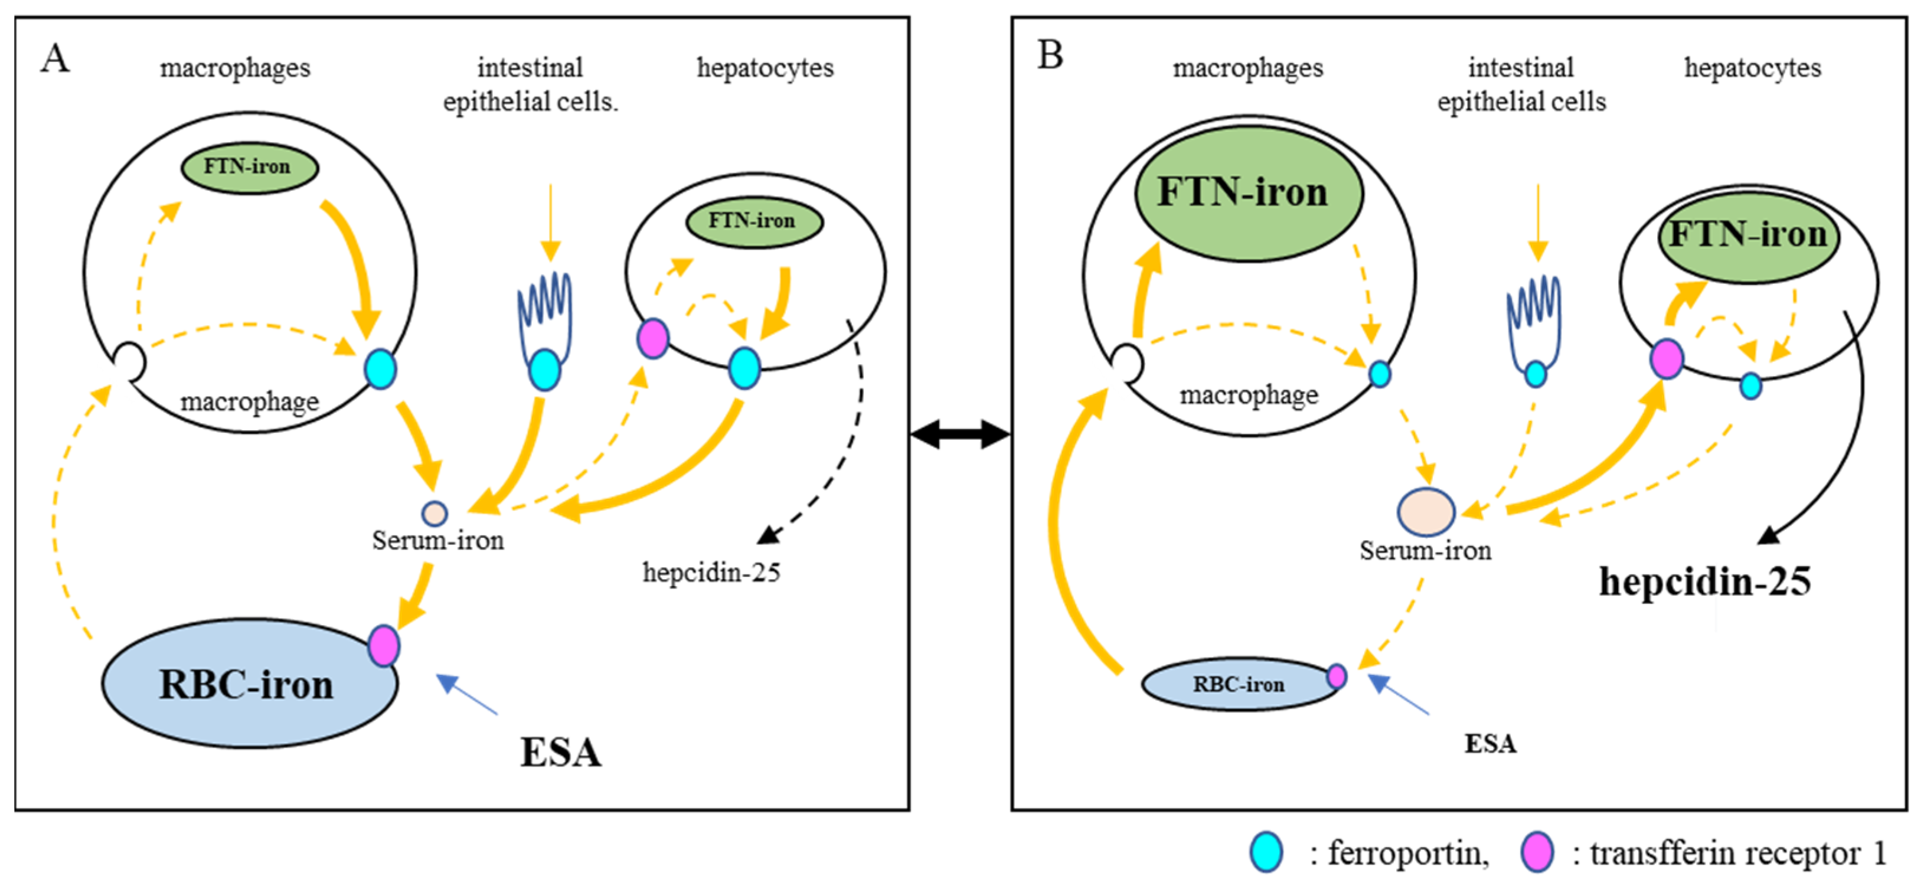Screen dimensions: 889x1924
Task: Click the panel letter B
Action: (x=1050, y=54)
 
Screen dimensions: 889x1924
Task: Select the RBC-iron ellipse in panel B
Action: (x=1239, y=684)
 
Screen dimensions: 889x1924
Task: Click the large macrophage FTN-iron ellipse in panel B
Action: (x=1248, y=193)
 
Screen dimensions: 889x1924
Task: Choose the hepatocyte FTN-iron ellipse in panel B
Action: (x=1747, y=236)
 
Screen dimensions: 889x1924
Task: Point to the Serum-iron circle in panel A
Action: (x=435, y=514)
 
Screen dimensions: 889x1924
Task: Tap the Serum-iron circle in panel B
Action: (x=1426, y=512)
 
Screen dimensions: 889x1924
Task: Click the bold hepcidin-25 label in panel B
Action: (x=1704, y=581)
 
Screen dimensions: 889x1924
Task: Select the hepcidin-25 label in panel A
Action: (x=711, y=572)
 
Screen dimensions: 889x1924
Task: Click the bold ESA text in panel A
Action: (x=560, y=751)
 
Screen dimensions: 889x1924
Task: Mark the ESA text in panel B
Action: (x=1490, y=743)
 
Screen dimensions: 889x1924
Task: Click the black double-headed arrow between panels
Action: (x=961, y=433)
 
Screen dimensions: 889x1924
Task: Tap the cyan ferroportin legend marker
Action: (x=1266, y=852)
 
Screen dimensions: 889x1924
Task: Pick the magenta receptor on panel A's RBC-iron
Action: (x=383, y=646)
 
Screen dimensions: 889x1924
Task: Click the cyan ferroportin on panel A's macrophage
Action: (x=380, y=369)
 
